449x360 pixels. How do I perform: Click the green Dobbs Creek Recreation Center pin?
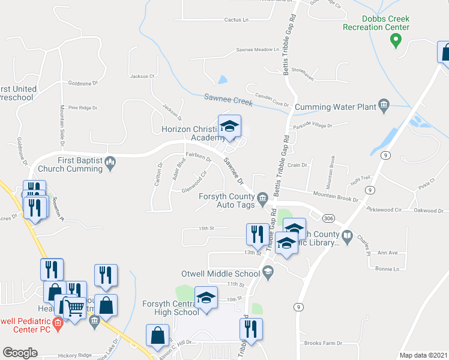pyautogui.click(x=396, y=40)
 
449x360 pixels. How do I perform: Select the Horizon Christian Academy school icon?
pyautogui.click(x=229, y=127)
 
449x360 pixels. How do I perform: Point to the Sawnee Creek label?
pyautogui.click(x=227, y=97)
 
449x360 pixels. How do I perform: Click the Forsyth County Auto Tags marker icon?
pyautogui.click(x=262, y=198)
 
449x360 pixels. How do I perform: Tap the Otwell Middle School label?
pyautogui.click(x=221, y=274)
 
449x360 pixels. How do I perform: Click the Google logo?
pyautogui.click(x=20, y=353)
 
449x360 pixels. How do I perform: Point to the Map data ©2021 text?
pyautogui.click(x=423, y=355)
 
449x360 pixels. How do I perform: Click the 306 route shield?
pyautogui.click(x=328, y=218)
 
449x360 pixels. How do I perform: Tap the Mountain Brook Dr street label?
pyautogui.click(x=336, y=194)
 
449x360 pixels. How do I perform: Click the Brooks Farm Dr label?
pyautogui.click(x=323, y=343)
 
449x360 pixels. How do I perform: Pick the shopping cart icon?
pyautogui.click(x=75, y=308)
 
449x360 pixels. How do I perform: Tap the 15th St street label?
pyautogui.click(x=206, y=229)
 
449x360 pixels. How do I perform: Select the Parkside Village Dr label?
pyautogui.click(x=312, y=125)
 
